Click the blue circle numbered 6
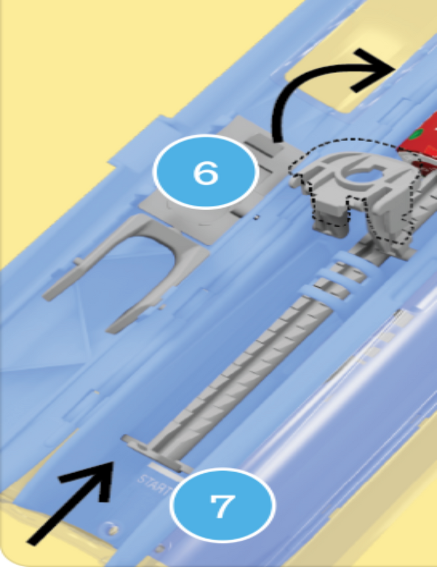206,172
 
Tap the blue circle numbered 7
223,505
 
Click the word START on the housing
153,485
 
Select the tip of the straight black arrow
112,463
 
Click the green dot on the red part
417,133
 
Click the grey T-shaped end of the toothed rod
155,453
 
